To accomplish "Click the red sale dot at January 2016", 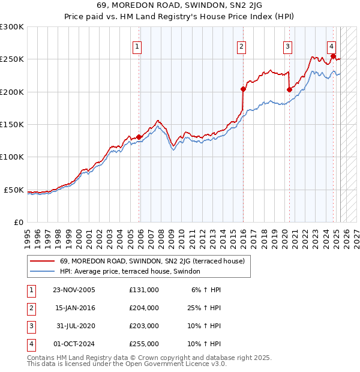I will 244,89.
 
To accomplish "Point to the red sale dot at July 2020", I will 289,90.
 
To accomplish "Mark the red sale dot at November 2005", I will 139,137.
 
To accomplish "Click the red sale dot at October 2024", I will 333,56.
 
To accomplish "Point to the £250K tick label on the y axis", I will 11,59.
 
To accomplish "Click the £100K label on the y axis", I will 11,157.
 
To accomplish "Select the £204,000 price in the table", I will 144,308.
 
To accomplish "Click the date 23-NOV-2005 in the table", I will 74,290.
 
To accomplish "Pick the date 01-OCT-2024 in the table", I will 74,344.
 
